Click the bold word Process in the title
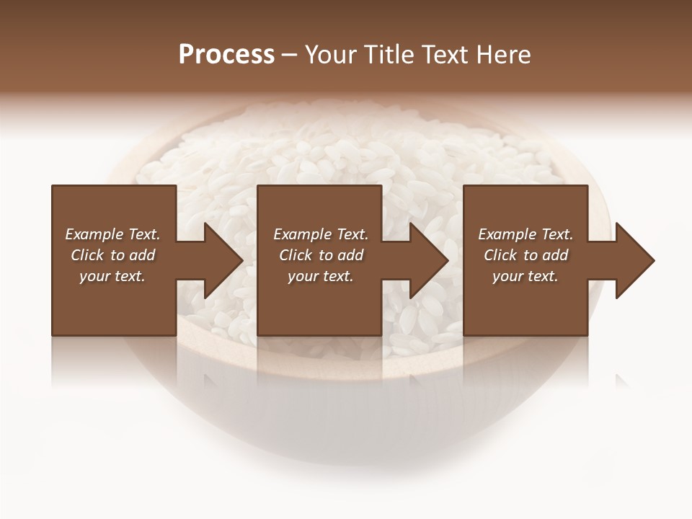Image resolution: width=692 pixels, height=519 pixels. [x=226, y=55]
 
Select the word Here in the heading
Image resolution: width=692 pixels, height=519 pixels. [x=502, y=55]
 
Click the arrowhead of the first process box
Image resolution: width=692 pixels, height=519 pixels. [x=223, y=260]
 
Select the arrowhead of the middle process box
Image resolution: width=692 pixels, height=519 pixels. [x=429, y=260]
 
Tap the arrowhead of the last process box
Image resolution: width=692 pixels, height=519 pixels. [x=635, y=260]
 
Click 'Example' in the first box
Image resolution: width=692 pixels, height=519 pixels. [x=94, y=234]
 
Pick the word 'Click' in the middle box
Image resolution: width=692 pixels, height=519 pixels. [x=295, y=255]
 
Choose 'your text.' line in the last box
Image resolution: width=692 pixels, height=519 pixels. [x=525, y=276]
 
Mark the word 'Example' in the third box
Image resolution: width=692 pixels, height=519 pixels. [x=507, y=234]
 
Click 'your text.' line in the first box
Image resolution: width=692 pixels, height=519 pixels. [x=112, y=276]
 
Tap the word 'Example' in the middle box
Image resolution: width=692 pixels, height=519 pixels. [x=303, y=234]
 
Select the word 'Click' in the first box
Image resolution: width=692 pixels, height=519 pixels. [x=86, y=255]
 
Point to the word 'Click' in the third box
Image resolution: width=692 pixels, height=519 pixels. [x=500, y=255]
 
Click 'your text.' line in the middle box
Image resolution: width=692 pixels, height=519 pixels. [x=320, y=276]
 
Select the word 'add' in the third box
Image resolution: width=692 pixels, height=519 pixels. [x=555, y=255]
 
